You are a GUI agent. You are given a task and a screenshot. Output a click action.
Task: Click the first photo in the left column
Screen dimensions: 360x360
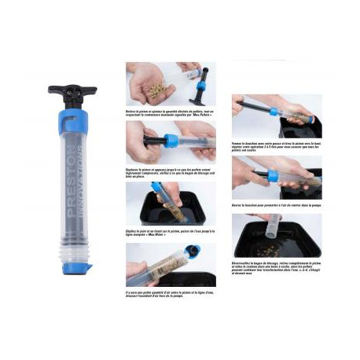tap(171, 84)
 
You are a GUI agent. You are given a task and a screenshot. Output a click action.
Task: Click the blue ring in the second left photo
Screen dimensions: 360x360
tap(171, 141)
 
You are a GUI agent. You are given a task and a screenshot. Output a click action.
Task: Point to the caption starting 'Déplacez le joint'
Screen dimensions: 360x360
tap(171, 233)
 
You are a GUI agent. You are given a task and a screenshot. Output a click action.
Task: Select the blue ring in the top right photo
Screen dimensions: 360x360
tap(274, 111)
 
